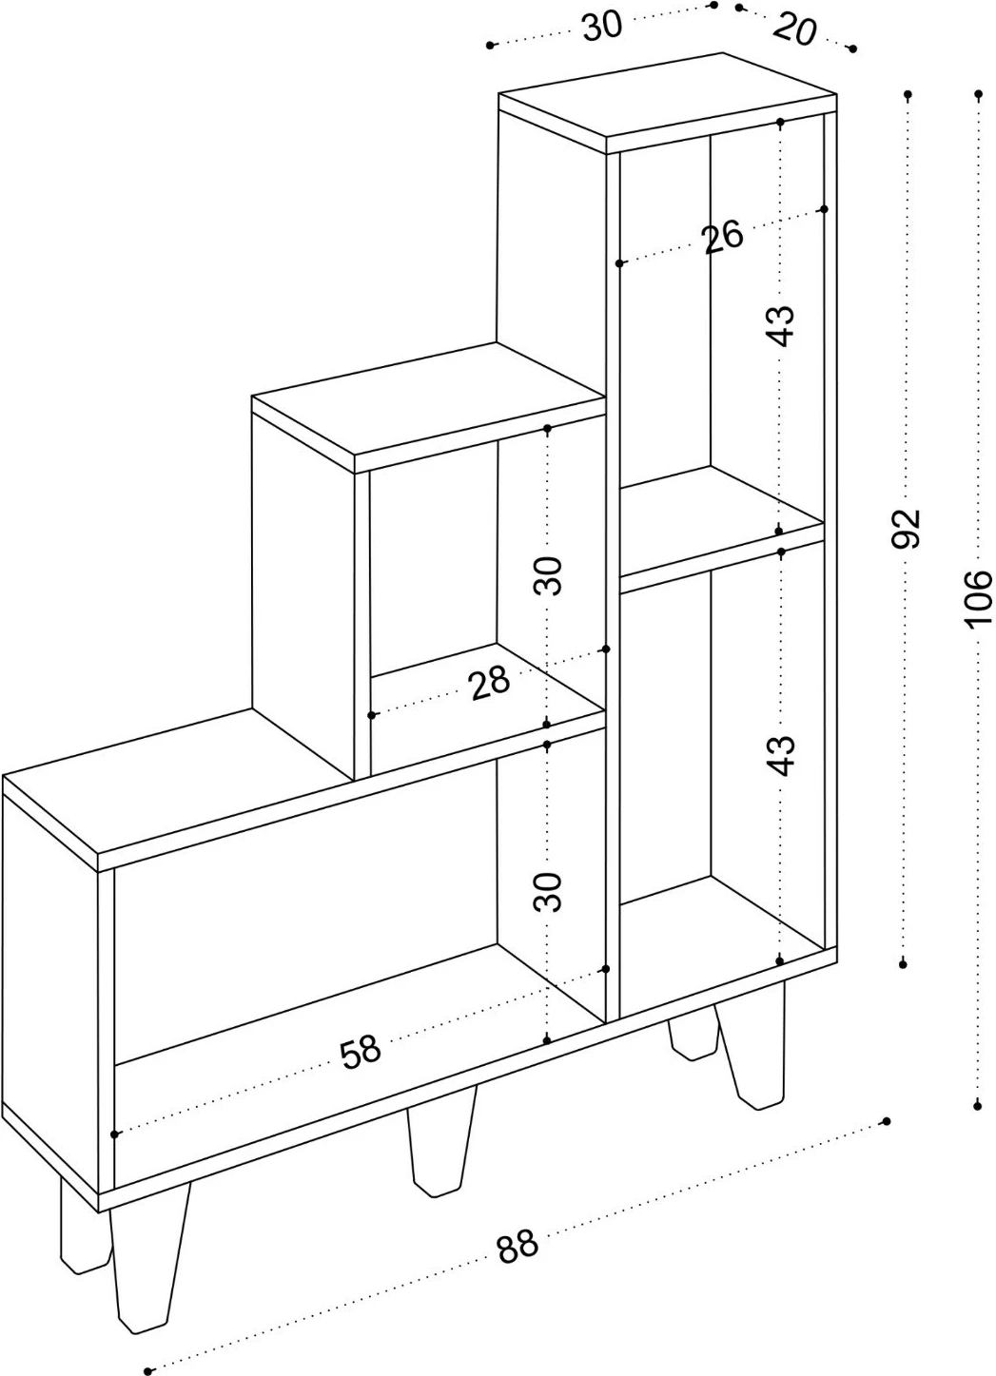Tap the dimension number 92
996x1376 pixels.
907,528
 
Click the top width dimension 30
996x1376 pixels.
602,27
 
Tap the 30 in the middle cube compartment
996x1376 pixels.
547,575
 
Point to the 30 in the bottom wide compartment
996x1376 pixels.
547,892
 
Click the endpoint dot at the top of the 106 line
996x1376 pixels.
979,94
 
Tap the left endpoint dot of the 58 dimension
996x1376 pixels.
114,1134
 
